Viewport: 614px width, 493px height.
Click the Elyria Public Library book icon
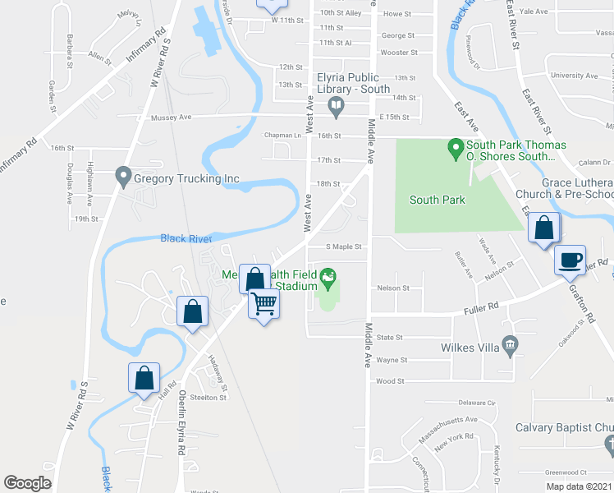coord(336,104)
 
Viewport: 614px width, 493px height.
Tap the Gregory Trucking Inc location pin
coord(123,176)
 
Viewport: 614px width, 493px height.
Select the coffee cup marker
coord(570,260)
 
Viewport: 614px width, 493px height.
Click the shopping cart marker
coord(264,304)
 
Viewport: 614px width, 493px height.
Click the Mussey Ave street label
coord(171,117)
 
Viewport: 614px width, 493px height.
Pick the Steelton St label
coord(208,397)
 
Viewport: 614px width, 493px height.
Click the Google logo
coord(27,483)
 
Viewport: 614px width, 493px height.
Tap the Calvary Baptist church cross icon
coord(608,445)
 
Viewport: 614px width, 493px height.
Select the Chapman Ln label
coord(282,135)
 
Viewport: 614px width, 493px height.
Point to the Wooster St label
coord(400,53)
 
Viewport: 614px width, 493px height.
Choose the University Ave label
coord(574,76)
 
